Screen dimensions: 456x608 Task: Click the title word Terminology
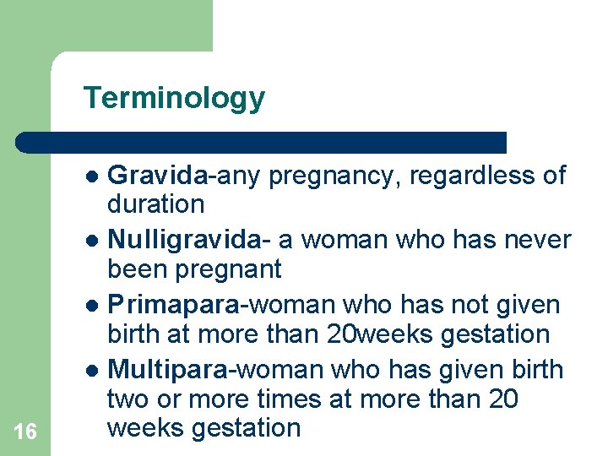(174, 99)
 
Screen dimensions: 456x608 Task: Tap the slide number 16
(25, 432)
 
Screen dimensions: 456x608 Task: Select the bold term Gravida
(158, 176)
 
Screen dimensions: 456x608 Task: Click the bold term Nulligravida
(182, 240)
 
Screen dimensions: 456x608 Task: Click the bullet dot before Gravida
(95, 177)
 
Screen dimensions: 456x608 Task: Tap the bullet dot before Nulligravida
(95, 242)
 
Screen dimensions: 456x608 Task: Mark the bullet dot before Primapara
(95, 306)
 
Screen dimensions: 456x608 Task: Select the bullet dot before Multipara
(95, 371)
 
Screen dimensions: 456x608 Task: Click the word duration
(155, 204)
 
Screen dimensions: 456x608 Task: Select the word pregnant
(228, 269)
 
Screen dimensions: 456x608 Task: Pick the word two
(127, 398)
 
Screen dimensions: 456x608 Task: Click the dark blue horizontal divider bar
(262, 142)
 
